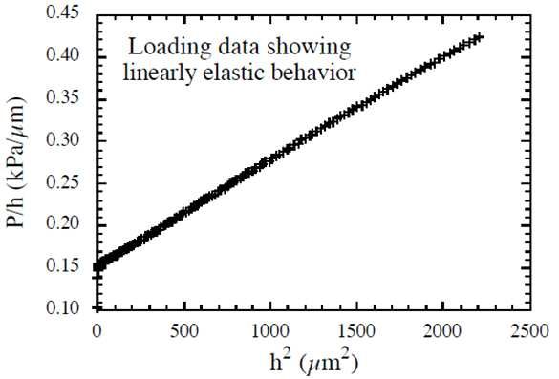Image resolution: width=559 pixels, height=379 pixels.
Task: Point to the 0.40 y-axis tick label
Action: pos(62,55)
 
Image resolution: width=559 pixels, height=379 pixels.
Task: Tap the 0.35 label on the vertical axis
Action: pos(62,97)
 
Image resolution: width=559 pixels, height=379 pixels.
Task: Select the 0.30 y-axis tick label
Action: pos(62,139)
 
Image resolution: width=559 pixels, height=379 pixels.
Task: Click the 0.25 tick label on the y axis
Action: pos(62,181)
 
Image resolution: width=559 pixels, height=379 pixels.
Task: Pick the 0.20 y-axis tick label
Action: pos(62,223)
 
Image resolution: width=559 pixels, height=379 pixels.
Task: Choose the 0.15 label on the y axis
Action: pos(62,265)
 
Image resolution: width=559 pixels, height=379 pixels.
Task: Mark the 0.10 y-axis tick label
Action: pos(62,307)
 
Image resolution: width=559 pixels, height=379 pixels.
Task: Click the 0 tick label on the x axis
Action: pos(97,331)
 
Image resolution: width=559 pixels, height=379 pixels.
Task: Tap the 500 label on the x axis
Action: pos(183,331)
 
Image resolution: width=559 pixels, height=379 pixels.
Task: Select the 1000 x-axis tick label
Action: pos(270,331)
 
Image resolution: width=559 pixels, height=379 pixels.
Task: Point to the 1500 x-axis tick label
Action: pos(356,331)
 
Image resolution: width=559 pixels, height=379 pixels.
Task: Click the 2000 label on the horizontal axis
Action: pos(442,331)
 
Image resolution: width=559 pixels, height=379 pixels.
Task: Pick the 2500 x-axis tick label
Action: pos(529,331)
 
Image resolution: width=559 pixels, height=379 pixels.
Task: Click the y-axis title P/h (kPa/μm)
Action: pos(17,162)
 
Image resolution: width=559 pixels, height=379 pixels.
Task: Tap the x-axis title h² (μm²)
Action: pos(314,363)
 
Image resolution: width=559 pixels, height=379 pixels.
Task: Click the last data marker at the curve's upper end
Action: pos(480,36)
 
